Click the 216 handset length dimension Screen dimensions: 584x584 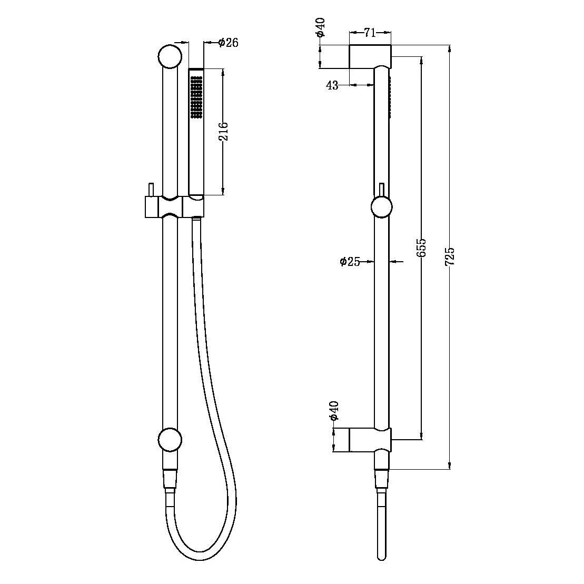coord(223,132)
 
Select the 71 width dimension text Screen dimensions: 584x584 coord(370,33)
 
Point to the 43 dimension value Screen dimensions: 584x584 coord(332,85)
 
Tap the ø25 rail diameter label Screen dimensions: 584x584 coord(350,261)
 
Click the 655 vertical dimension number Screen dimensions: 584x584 coord(422,248)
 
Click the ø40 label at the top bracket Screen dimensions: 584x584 coord(321,27)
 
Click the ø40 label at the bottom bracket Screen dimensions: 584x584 coord(333,410)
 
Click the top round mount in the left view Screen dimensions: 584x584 coord(170,57)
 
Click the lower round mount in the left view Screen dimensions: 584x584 coord(170,440)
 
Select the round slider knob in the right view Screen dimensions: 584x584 coord(382,206)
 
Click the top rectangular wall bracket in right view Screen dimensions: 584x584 coord(370,56)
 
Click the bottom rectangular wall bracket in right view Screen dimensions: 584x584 coord(370,440)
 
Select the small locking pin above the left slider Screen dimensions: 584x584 coord(151,190)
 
